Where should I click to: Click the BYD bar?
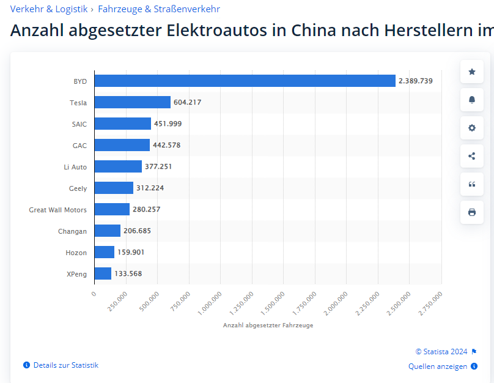pyautogui.click(x=245, y=81)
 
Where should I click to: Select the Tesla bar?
pyautogui.click(x=133, y=102)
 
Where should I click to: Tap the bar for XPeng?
pyautogui.click(x=103, y=273)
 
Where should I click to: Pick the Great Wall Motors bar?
pyautogui.click(x=112, y=209)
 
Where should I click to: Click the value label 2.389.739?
pyautogui.click(x=416, y=81)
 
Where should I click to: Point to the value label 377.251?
pyautogui.click(x=158, y=166)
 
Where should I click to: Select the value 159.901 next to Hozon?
pyautogui.click(x=131, y=252)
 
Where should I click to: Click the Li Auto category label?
pyautogui.click(x=75, y=167)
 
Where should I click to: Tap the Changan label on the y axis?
pyautogui.click(x=72, y=231)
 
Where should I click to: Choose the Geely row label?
pyautogui.click(x=78, y=188)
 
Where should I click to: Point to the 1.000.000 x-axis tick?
pyautogui.click(x=210, y=303)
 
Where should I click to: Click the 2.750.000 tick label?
pyautogui.click(x=430, y=303)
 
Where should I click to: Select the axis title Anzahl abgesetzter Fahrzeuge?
pyautogui.click(x=268, y=325)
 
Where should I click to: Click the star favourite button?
pyautogui.click(x=472, y=72)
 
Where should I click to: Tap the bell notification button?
pyautogui.click(x=472, y=100)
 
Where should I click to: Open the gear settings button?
pyautogui.click(x=472, y=128)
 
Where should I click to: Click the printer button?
pyautogui.click(x=472, y=212)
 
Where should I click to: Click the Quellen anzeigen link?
pyautogui.click(x=438, y=366)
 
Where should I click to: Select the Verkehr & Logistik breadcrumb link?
pyautogui.click(x=49, y=9)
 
